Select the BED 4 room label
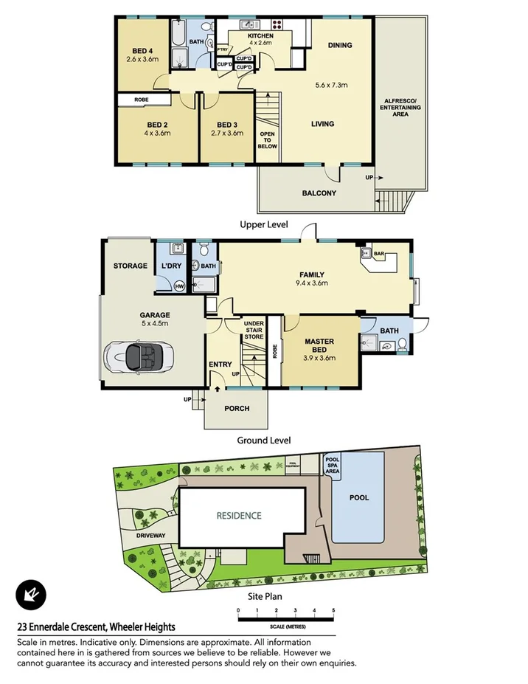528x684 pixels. (x=142, y=50)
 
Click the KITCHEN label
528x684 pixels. (x=260, y=36)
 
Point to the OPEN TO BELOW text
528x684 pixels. (x=267, y=140)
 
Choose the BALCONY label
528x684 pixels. (x=319, y=194)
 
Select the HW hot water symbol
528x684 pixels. (x=178, y=286)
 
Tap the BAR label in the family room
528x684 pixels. (x=379, y=254)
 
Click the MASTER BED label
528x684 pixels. (x=319, y=345)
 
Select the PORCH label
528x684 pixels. (x=237, y=409)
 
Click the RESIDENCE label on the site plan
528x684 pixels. (x=238, y=515)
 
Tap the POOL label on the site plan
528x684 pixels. (x=360, y=498)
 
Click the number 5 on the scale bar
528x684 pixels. (x=333, y=610)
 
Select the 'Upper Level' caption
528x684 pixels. (x=263, y=224)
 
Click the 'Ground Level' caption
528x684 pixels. (x=263, y=441)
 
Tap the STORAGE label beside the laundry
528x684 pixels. (x=130, y=266)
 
